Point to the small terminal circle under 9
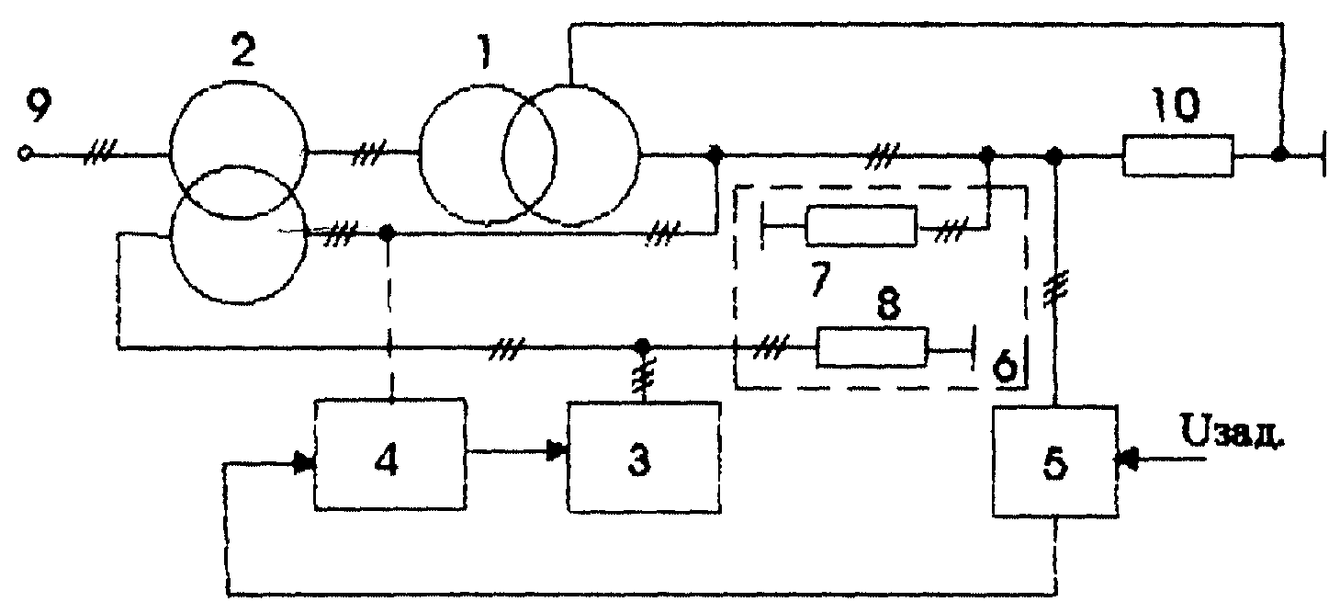coord(25,153)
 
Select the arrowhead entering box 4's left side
coord(304,463)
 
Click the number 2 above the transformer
coord(242,51)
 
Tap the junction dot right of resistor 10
coord(1279,153)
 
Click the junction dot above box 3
coord(642,346)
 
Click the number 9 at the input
coord(39,106)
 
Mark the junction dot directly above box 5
coord(1054,157)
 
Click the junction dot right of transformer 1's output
coord(715,153)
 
